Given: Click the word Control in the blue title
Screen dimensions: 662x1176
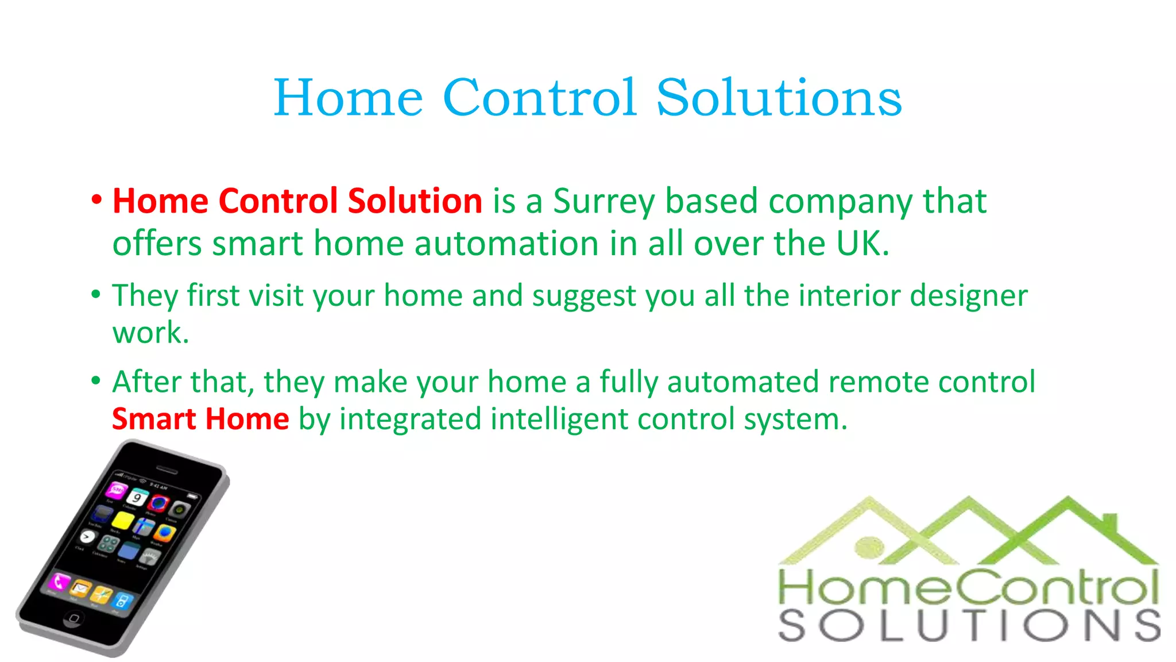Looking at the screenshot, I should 540,98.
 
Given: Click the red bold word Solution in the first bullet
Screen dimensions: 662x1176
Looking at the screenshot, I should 415,201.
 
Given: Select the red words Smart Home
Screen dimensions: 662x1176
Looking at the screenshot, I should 200,419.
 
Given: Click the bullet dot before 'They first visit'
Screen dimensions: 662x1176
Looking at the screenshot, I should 96,295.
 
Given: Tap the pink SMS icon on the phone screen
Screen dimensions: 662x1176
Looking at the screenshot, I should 117,490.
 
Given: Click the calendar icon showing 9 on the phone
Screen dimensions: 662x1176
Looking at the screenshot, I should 138,497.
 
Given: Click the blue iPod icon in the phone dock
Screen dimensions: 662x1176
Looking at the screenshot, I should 122,601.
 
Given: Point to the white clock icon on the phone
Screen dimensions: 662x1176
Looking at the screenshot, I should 87,537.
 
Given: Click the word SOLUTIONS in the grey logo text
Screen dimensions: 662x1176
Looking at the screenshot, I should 969,626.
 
